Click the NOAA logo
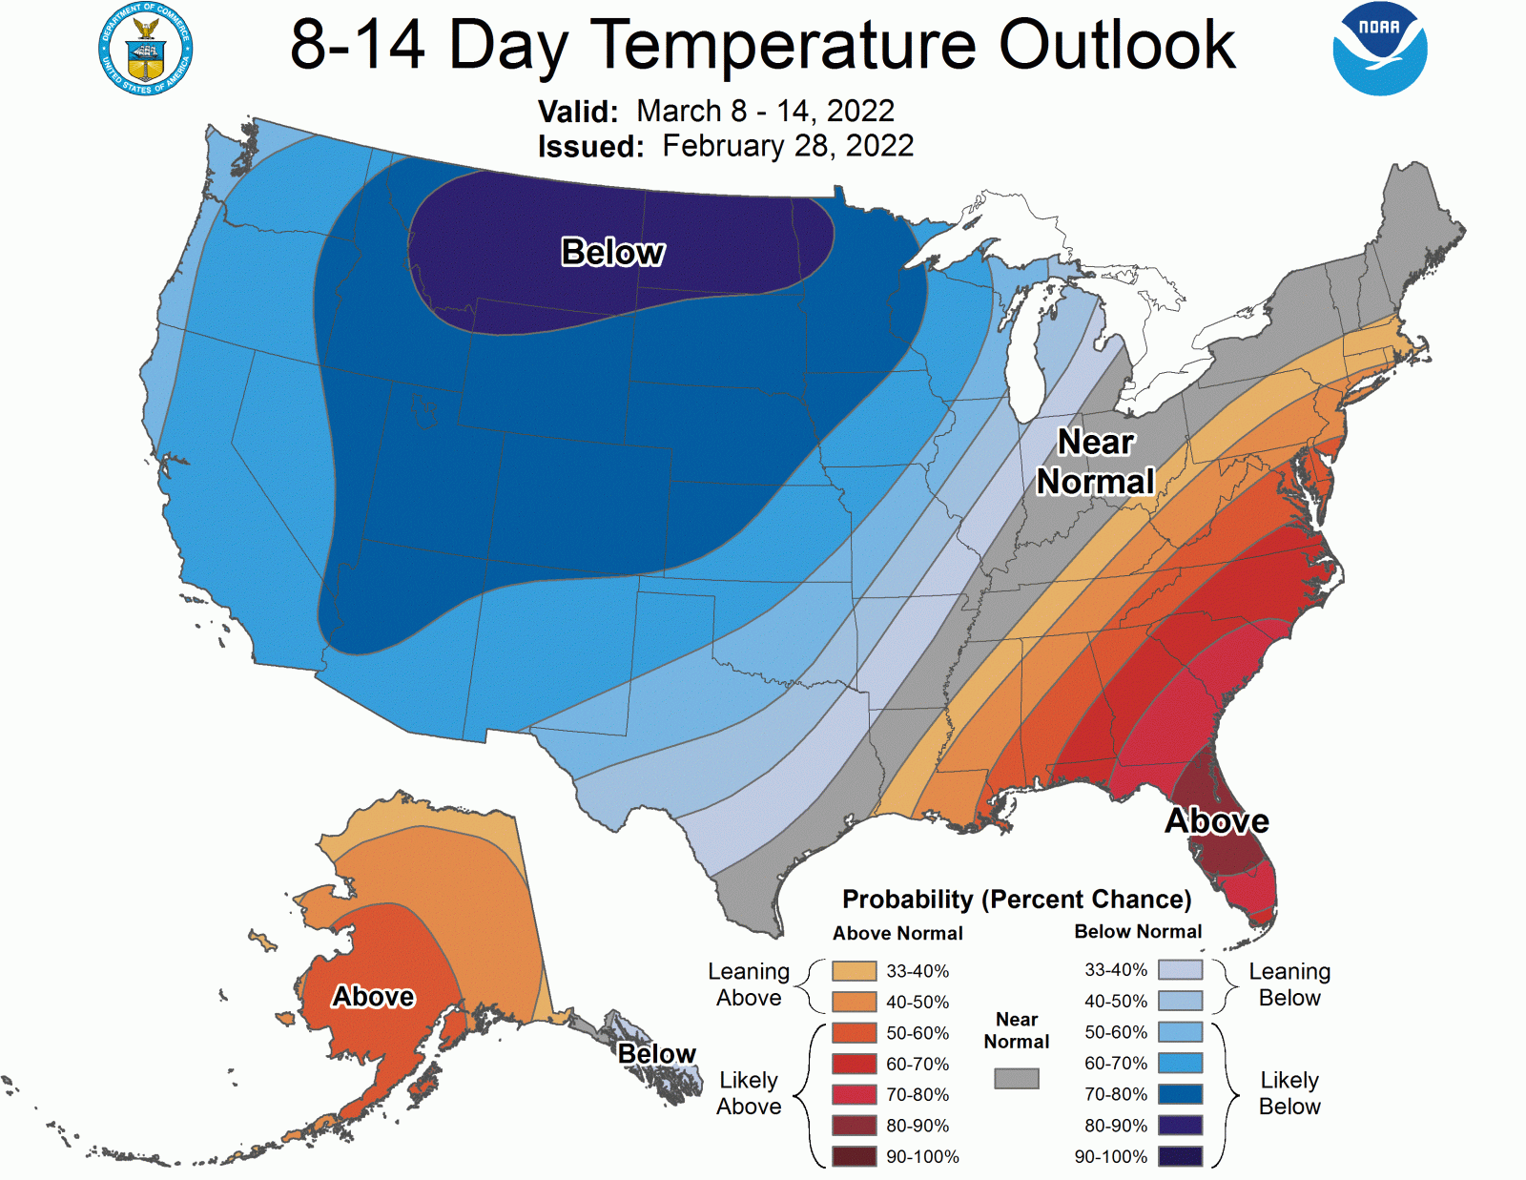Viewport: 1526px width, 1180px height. point(1379,49)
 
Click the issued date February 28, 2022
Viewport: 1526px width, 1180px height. point(788,146)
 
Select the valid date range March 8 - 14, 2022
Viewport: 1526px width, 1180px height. point(765,111)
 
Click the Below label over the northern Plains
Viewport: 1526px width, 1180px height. point(612,252)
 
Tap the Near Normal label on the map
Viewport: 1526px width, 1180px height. point(1095,462)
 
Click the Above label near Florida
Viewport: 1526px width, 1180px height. point(1217,820)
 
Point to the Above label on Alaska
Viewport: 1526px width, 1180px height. point(373,996)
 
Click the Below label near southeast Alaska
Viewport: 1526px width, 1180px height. point(656,1053)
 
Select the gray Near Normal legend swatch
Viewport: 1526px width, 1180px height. point(1016,1078)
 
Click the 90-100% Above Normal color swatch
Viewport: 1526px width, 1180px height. point(854,1156)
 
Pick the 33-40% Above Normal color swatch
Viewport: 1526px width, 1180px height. point(854,971)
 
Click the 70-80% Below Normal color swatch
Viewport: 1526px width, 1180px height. point(1180,1094)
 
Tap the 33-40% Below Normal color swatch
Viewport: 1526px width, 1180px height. point(1180,970)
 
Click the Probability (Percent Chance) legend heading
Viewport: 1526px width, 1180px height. point(1017,899)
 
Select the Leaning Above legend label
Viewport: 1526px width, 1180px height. point(749,984)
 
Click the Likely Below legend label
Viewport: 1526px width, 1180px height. point(1289,1093)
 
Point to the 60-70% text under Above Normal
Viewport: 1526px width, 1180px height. point(918,1064)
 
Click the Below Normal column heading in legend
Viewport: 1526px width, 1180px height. point(1138,931)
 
